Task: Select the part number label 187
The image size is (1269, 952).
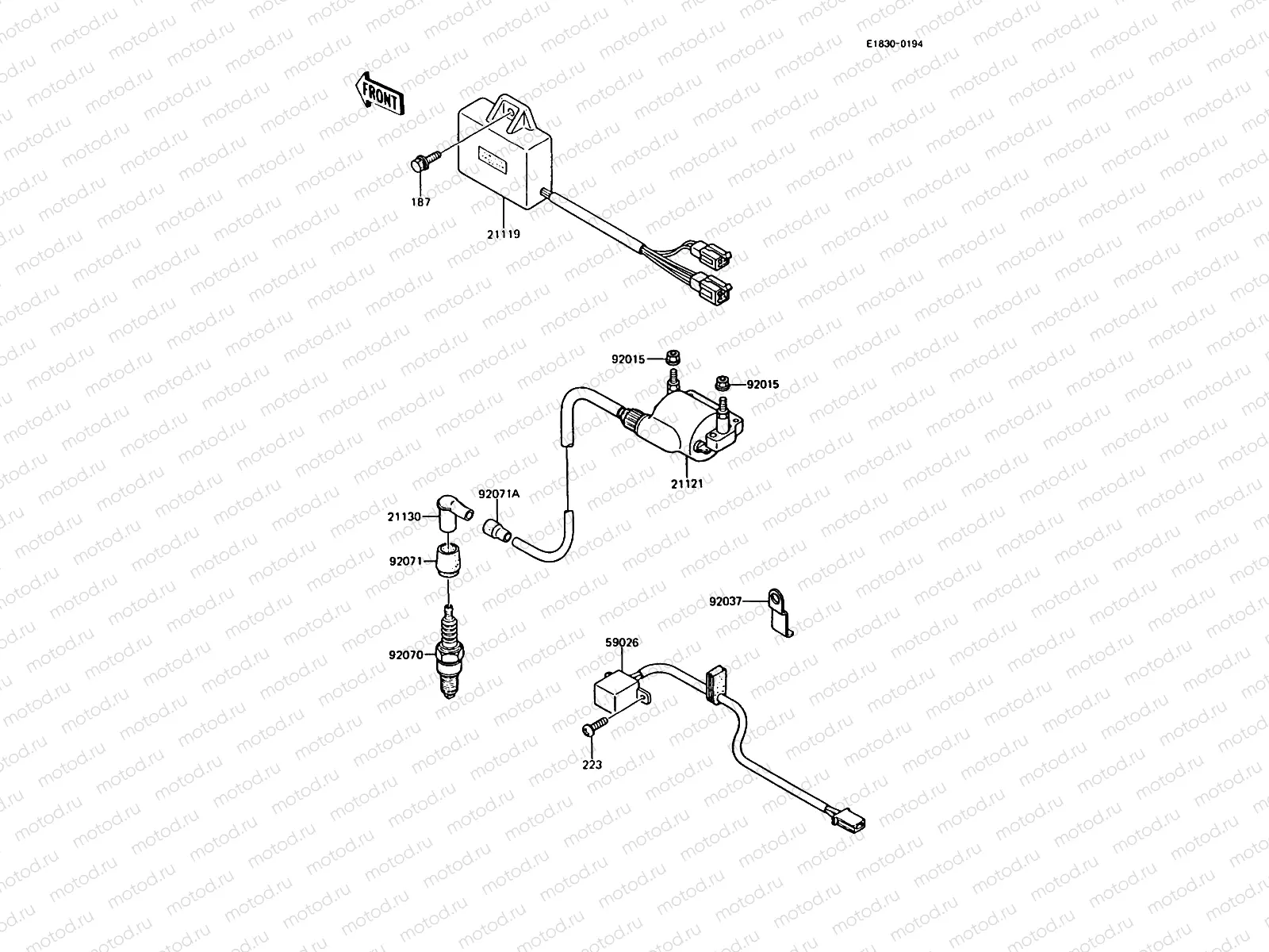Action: (x=420, y=202)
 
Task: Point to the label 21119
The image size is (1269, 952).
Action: (x=504, y=235)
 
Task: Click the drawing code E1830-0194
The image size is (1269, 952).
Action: (x=894, y=44)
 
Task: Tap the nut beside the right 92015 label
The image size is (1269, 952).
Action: (x=723, y=383)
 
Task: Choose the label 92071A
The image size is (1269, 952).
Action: (x=499, y=493)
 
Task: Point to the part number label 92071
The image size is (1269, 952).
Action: (x=407, y=561)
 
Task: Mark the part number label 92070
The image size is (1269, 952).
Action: (x=407, y=655)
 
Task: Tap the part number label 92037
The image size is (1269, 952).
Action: (x=726, y=601)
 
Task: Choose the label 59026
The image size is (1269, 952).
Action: (x=623, y=643)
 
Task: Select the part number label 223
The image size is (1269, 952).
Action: (x=592, y=765)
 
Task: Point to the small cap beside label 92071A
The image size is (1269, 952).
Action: (x=496, y=529)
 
